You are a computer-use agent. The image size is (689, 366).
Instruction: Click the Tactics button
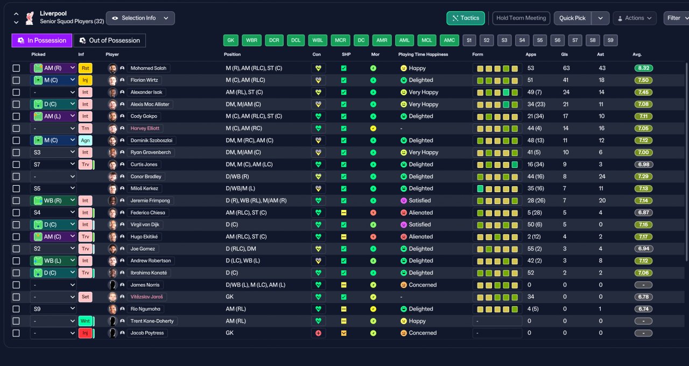coord(466,18)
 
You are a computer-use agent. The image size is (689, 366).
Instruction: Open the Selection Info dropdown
coord(140,18)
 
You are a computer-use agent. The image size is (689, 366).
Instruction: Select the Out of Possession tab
coord(109,40)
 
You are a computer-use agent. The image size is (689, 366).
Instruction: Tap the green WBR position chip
coord(251,40)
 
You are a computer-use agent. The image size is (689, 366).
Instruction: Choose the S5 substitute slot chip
coord(540,40)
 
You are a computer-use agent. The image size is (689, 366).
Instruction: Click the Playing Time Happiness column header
coord(423,54)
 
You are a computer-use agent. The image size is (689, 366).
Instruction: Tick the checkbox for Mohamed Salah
coord(16,68)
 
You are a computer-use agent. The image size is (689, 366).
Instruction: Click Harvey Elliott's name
coord(145,128)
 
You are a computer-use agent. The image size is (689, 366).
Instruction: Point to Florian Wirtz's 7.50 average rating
coord(643,80)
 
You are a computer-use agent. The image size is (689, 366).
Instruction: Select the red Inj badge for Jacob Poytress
coord(85,333)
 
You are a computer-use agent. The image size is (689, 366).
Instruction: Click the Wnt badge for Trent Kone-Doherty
coord(85,321)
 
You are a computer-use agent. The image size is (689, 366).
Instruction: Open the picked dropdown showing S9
coord(53,309)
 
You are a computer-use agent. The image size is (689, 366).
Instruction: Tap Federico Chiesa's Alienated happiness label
coord(420,213)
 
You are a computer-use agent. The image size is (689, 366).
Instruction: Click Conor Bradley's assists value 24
coord(602,177)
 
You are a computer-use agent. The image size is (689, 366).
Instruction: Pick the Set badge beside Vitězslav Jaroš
coord(85,297)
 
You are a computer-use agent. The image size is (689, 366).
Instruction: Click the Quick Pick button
coord(572,18)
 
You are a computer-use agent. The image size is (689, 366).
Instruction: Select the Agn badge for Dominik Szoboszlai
coord(85,140)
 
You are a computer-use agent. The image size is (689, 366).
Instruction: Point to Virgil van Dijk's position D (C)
coord(231,224)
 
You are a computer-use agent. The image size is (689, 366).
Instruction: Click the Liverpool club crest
coord(30,18)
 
